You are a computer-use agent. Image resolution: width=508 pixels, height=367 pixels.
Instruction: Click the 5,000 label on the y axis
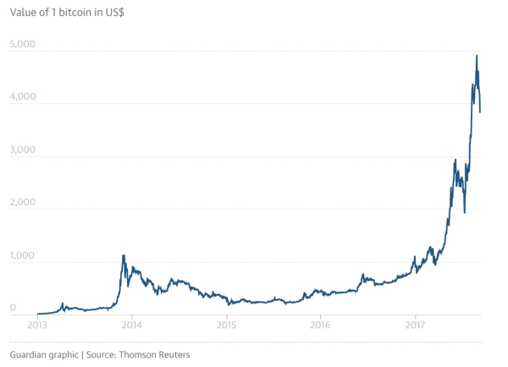[x=23, y=43]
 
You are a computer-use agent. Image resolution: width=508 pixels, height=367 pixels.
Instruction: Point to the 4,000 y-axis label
[x=23, y=97]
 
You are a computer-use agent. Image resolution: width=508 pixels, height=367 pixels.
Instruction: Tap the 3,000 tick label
[x=23, y=149]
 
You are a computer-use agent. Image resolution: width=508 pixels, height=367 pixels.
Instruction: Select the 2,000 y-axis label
[x=23, y=203]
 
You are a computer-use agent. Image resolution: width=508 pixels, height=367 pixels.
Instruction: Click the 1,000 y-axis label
[x=23, y=256]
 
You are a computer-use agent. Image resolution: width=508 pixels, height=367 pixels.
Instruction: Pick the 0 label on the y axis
[x=13, y=309]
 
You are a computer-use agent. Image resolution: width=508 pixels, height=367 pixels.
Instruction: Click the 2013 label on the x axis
[x=37, y=325]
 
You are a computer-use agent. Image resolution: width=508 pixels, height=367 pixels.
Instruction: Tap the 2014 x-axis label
[x=131, y=325]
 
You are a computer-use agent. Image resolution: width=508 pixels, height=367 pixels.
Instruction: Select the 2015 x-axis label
[x=226, y=325]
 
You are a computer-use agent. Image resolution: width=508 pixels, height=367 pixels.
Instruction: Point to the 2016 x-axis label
[x=320, y=325]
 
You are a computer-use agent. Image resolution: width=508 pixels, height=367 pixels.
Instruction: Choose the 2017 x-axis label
[x=415, y=325]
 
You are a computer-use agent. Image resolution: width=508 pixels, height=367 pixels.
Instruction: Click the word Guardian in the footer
[x=31, y=353]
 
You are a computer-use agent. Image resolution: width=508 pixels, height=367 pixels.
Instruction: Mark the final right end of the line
[x=481, y=111]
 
